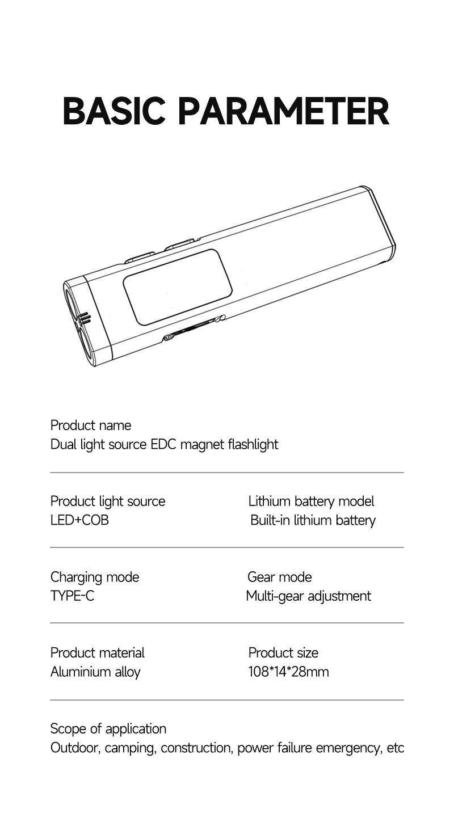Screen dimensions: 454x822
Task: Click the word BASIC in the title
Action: pyautogui.click(x=113, y=111)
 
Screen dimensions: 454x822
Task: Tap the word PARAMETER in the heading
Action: pyautogui.click(x=284, y=111)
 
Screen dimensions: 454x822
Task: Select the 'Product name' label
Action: pyautogui.click(x=91, y=425)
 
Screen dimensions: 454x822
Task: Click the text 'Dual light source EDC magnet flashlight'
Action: pyautogui.click(x=164, y=445)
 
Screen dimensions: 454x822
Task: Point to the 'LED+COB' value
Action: pyautogui.click(x=79, y=520)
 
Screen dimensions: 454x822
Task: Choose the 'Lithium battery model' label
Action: pyautogui.click(x=311, y=501)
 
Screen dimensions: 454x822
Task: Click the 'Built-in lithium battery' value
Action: pyautogui.click(x=313, y=520)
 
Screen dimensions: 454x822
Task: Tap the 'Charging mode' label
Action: pyautogui.click(x=95, y=577)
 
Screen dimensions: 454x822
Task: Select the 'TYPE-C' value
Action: pyautogui.click(x=72, y=596)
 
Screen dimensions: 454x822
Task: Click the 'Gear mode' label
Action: pyautogui.click(x=280, y=577)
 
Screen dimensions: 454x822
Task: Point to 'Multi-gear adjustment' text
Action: pyautogui.click(x=309, y=596)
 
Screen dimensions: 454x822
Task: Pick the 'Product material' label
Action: pyautogui.click(x=97, y=653)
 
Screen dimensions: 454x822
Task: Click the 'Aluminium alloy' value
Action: pyautogui.click(x=95, y=672)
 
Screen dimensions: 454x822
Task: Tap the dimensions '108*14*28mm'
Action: pyautogui.click(x=288, y=672)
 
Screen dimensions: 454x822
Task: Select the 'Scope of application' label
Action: pyautogui.click(x=108, y=729)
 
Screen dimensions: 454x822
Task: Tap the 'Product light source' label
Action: pyautogui.click(x=107, y=501)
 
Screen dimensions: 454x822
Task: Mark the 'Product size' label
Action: pyautogui.click(x=283, y=653)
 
